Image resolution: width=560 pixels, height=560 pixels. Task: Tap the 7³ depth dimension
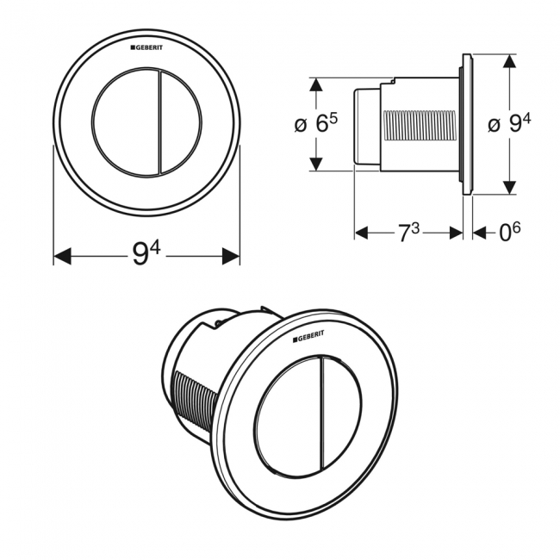[408, 233]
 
